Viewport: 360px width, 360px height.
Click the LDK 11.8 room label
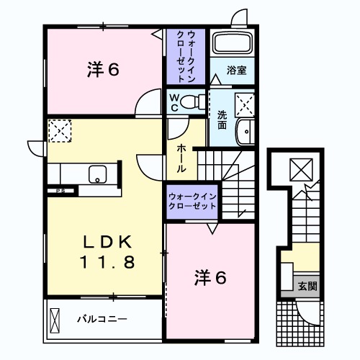point(107,251)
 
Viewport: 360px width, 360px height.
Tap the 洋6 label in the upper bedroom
point(104,70)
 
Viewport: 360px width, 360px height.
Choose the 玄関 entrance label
point(307,286)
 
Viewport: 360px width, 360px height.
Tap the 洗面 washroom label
point(222,119)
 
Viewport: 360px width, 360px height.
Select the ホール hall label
point(183,157)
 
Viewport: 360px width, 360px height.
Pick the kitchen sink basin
point(97,174)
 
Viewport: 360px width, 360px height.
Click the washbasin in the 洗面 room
point(246,132)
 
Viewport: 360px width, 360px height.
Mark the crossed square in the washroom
point(246,105)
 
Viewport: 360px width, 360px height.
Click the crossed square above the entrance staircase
point(299,171)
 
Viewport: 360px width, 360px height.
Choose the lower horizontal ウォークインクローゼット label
point(192,201)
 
